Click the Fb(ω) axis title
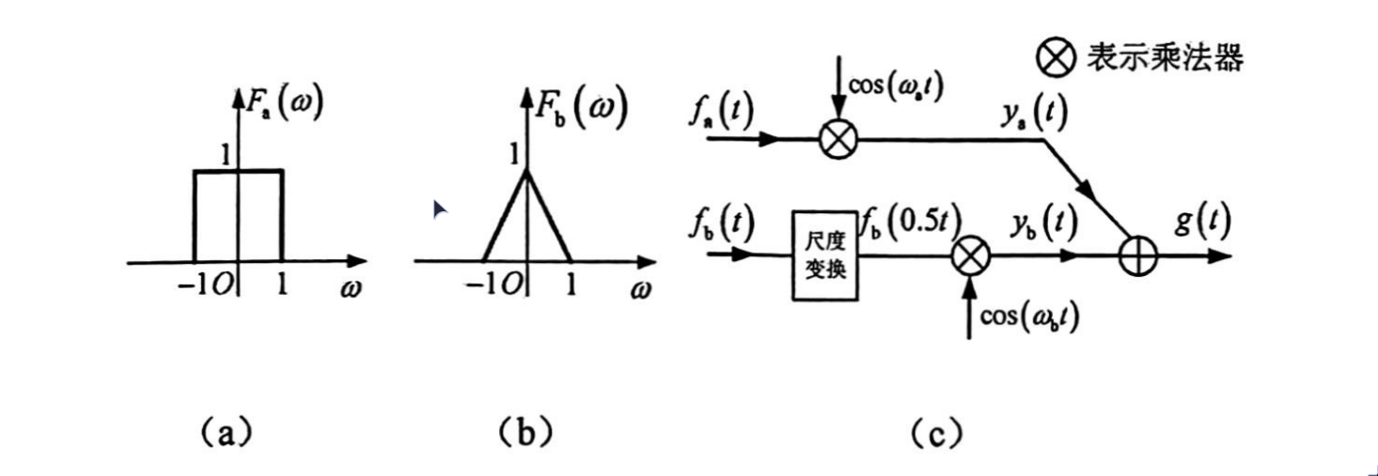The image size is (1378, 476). [581, 108]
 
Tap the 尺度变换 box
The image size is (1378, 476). [825, 255]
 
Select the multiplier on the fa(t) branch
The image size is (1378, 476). [838, 140]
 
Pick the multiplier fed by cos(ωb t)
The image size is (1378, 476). [971, 256]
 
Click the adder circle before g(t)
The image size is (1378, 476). [1138, 256]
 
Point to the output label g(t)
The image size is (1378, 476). [1203, 222]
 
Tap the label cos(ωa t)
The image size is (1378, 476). [896, 87]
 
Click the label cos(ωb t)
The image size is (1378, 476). [1029, 317]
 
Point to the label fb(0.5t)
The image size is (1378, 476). [911, 223]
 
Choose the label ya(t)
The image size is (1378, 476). [1034, 113]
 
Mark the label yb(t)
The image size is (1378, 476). [1043, 224]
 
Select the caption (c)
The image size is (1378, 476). [936, 434]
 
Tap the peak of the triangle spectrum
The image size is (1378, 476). [526, 171]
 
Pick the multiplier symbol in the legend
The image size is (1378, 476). [1057, 58]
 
